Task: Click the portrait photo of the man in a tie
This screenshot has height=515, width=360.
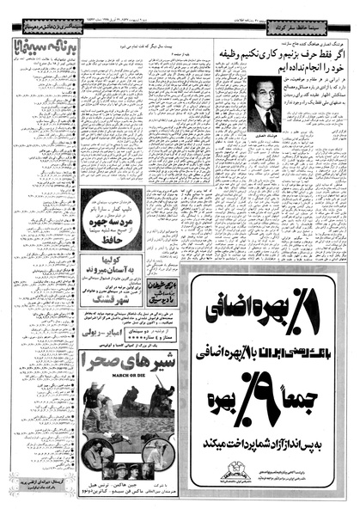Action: tap(260, 103)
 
